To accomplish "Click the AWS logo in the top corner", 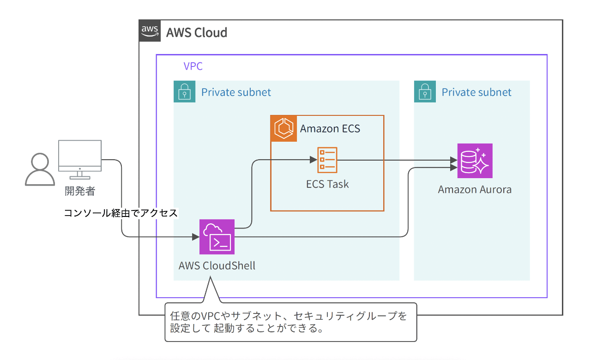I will click(150, 31).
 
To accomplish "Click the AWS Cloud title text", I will click(197, 33).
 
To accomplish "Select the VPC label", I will click(193, 66).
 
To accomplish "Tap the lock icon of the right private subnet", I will click(425, 92).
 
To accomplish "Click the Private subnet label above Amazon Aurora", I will click(476, 92).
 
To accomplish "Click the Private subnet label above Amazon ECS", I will click(236, 92).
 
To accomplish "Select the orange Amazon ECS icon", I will click(283, 128).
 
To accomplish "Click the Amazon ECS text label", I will click(330, 128).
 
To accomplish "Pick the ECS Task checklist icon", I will click(327, 160).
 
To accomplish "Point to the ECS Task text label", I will click(327, 185).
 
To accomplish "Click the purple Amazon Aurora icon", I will click(475, 161).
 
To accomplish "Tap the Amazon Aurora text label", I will click(475, 190).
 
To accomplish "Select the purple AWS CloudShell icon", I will click(217, 237).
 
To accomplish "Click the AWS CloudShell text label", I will click(217, 266).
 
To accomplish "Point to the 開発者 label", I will click(80, 191).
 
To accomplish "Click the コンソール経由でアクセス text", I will click(121, 213).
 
